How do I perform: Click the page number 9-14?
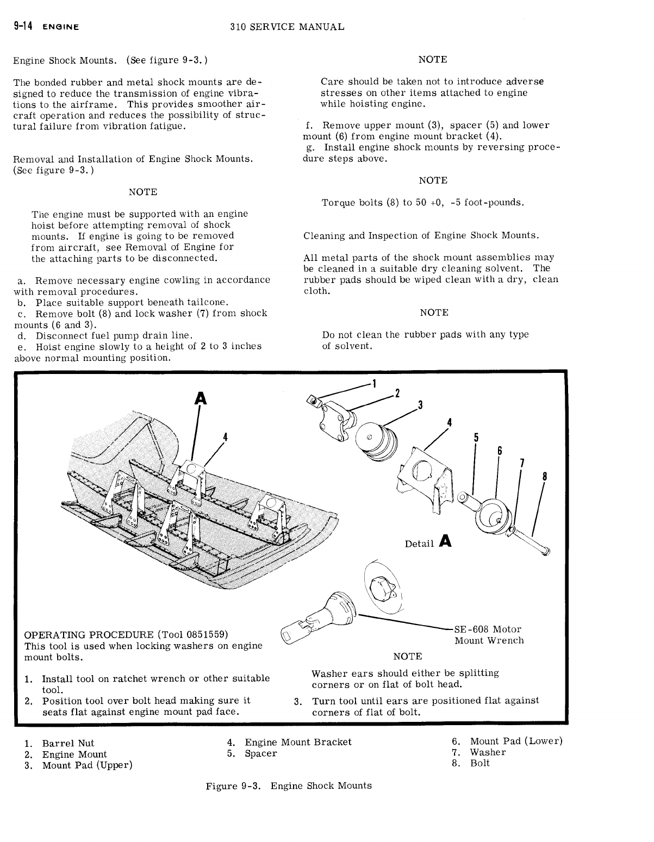point(22,26)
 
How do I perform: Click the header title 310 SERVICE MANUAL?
point(287,26)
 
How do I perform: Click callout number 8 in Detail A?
point(544,477)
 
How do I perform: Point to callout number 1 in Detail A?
point(374,383)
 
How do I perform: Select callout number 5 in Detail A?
point(476,438)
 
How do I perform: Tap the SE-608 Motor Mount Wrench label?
point(489,635)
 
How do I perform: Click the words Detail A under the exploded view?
point(428,542)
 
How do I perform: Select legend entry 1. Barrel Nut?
point(60,743)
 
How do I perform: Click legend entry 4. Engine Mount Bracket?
point(289,742)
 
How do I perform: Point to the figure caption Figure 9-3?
point(289,785)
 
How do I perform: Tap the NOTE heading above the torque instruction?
point(433,180)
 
